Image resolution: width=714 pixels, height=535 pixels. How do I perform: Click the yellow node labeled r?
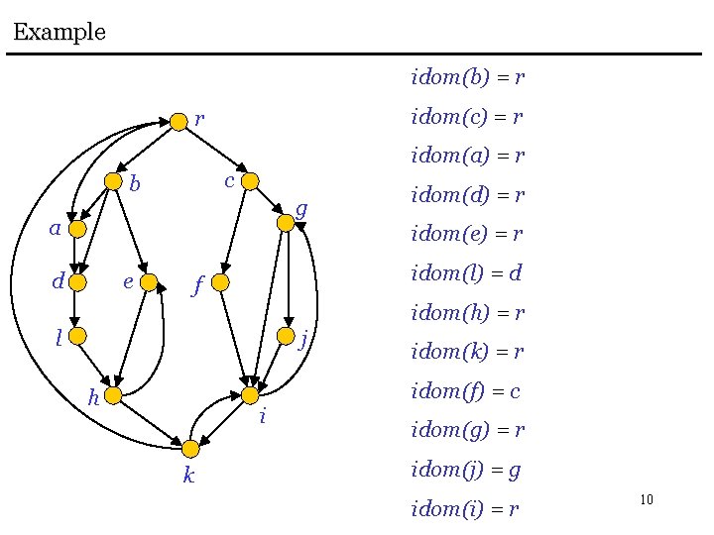click(178, 121)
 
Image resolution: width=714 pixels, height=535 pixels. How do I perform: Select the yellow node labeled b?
click(114, 181)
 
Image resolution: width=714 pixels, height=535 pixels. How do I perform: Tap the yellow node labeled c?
click(250, 181)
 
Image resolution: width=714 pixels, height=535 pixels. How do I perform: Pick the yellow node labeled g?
click(286, 223)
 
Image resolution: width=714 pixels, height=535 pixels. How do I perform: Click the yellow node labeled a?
click(77, 229)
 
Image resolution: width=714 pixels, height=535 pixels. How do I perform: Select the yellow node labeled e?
click(149, 282)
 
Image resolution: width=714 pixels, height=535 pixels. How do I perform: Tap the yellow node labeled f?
click(222, 283)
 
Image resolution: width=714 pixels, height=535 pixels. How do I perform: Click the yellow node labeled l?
click(77, 337)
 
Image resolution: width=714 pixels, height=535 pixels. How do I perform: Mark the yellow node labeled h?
click(112, 396)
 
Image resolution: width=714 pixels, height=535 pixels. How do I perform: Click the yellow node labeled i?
click(250, 395)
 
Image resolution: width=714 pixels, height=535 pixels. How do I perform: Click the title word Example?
click(59, 32)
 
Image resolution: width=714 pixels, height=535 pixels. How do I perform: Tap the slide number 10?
click(647, 499)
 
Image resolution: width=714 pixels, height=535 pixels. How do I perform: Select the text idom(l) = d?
click(466, 272)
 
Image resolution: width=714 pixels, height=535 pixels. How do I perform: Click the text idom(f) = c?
click(465, 391)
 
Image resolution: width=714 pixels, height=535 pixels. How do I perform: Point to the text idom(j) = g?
click(465, 470)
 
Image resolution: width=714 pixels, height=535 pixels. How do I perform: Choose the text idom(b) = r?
click(467, 76)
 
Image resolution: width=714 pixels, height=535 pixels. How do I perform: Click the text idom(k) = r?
click(467, 352)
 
